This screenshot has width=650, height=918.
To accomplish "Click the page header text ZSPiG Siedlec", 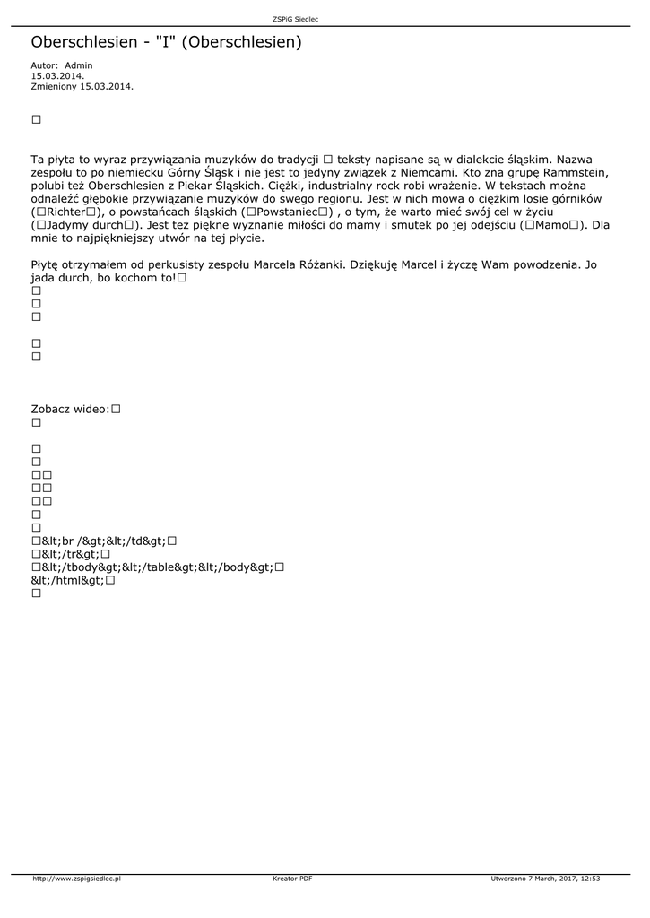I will [295, 19].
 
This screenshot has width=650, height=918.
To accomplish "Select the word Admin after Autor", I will [79, 65].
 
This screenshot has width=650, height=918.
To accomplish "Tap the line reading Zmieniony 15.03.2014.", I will [82, 86].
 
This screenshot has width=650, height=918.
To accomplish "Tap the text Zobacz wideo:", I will [70, 409].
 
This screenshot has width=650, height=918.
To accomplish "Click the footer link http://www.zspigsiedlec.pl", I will [77, 879].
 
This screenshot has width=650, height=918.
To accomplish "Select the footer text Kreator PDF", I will [292, 879].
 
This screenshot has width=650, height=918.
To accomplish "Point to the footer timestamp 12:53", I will [590, 879].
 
